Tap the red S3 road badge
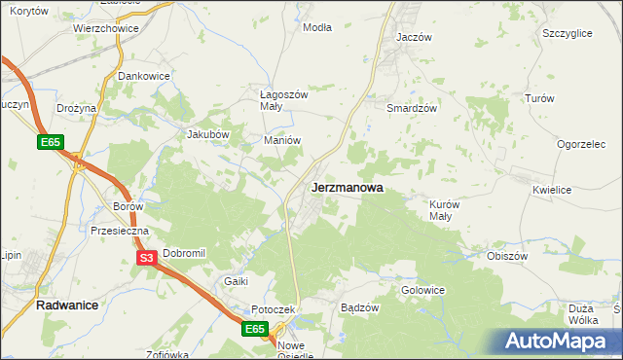click(x=146, y=258)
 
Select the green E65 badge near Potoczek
click(x=255, y=330)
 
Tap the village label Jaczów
click(x=414, y=37)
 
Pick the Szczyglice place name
click(x=568, y=33)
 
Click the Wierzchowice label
click(x=106, y=29)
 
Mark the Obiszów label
click(x=506, y=256)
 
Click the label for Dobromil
click(x=185, y=253)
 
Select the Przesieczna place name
click(x=119, y=232)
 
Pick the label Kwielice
click(x=551, y=191)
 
